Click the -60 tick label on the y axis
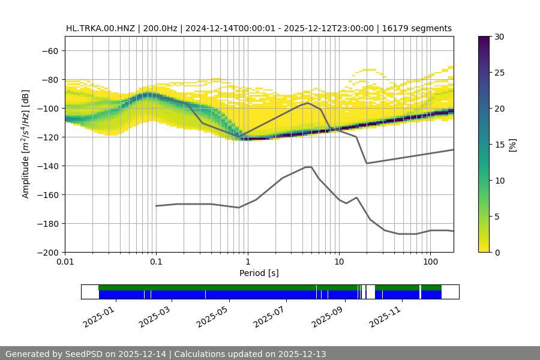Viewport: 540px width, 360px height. pos(49,50)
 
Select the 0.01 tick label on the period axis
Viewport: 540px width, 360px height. pos(65,262)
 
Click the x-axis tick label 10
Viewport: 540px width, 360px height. pos(339,262)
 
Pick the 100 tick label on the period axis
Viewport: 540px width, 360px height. pos(430,262)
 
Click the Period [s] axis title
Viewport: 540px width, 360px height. pos(259,273)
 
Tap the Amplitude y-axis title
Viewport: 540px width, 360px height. pos(26,144)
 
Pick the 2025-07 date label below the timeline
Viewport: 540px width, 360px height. pos(269,314)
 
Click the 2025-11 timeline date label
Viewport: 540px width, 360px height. pos(384,314)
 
